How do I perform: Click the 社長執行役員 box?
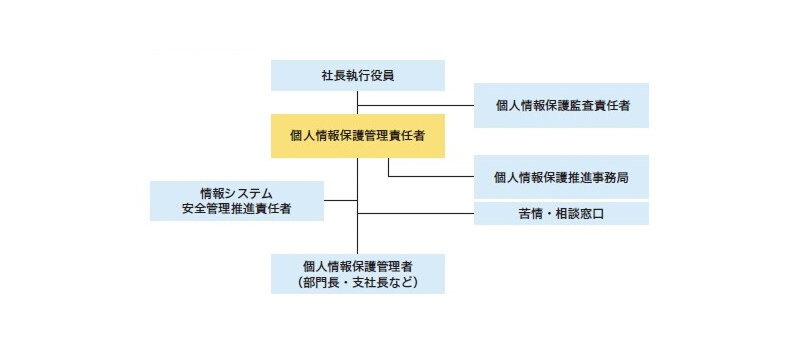coord(357,75)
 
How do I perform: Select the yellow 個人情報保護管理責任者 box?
coord(357,135)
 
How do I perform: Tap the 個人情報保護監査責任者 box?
coord(561,105)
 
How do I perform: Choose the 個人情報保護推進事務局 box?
coord(561,177)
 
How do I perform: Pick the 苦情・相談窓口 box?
coord(561,214)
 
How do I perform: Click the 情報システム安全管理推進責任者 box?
coord(237,201)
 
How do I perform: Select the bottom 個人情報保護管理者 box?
coord(357,273)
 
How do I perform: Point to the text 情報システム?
coord(237,192)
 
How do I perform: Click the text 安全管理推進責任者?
coord(237,210)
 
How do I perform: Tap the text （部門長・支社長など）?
coord(357,283)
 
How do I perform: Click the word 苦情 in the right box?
coord(531,214)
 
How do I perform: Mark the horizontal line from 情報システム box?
coord(340,201)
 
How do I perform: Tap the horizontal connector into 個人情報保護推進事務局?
coord(430,177)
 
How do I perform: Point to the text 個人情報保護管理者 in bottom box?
coord(357,265)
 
